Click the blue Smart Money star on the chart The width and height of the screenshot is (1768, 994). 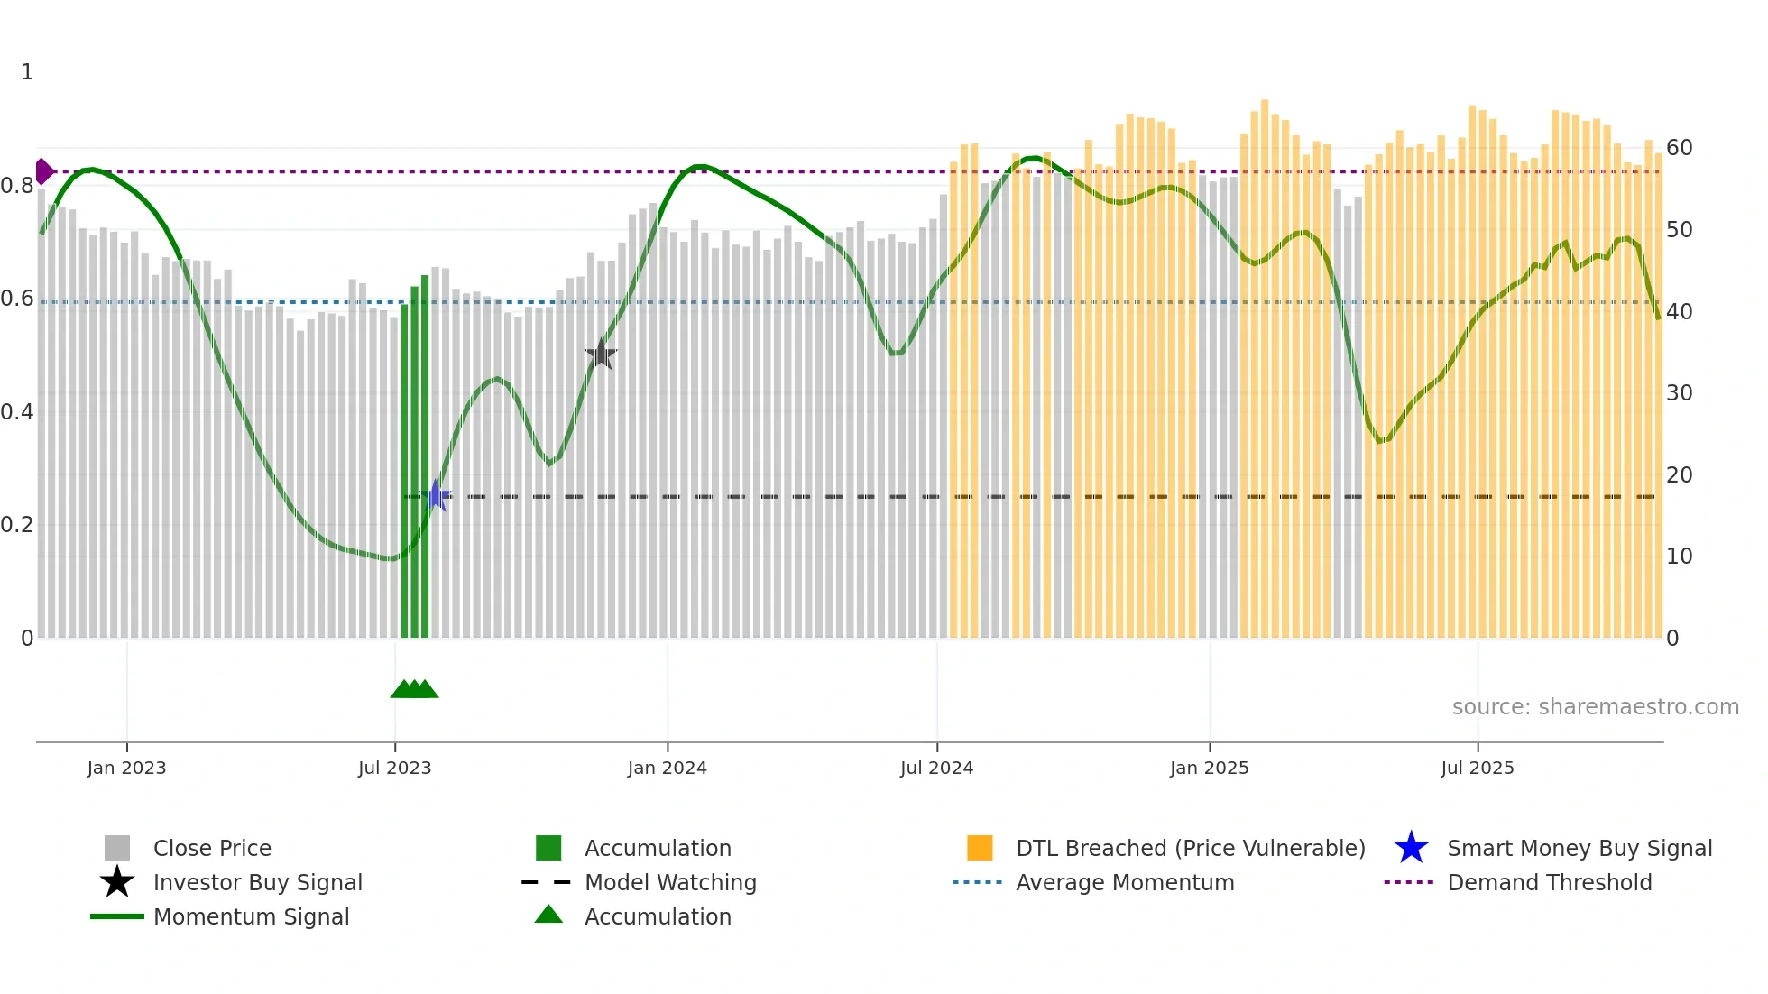point(436,495)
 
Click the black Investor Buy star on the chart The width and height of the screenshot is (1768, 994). point(601,354)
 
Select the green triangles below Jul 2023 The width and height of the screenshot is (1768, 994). point(414,689)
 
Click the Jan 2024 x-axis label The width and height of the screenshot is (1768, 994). point(667,768)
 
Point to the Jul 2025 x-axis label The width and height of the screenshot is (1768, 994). point(1477,768)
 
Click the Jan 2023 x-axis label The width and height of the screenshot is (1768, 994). point(126,768)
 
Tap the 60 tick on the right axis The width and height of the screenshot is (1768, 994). point(1679,148)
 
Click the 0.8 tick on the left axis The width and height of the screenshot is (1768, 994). point(17,186)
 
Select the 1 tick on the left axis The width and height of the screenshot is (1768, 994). point(27,72)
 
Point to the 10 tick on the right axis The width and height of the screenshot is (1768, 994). point(1679,557)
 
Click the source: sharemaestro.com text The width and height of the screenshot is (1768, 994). point(1595,707)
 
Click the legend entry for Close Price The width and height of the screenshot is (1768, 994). point(212,848)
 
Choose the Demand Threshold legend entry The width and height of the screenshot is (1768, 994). point(1549,882)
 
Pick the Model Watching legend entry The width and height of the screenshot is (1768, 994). point(669,882)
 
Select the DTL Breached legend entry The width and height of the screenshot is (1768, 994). point(1190,848)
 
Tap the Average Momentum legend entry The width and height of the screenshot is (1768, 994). point(1124,882)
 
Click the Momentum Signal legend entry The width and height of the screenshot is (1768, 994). point(251,916)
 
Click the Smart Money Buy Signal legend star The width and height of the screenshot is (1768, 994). point(1411,848)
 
